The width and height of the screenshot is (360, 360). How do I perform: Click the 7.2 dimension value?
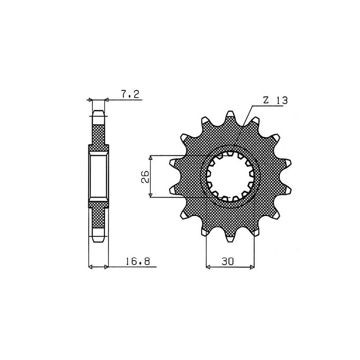131,94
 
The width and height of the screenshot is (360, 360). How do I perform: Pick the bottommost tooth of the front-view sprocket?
230,239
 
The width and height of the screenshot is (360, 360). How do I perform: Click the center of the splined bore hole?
231,176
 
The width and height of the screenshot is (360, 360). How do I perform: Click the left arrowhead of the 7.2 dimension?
90,99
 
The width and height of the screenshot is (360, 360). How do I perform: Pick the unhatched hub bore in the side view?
99,176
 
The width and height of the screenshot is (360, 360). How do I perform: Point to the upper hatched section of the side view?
99,135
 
